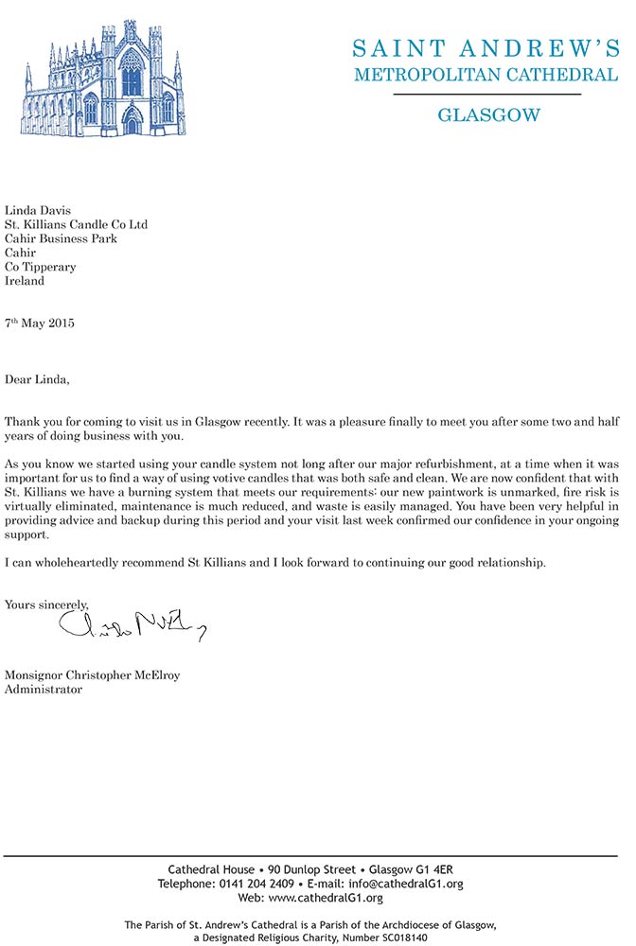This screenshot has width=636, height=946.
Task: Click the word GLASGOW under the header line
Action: pos(488,115)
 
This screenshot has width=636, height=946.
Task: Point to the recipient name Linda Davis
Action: pos(38,210)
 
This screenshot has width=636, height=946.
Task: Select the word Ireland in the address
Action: pos(25,281)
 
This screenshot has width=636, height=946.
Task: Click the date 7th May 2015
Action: pos(40,324)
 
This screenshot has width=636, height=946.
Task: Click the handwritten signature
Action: pos(132,623)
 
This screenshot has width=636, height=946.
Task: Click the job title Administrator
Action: pos(44,690)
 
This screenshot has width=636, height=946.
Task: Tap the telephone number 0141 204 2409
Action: pos(256,884)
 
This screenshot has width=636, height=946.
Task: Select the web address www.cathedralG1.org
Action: pos(324,898)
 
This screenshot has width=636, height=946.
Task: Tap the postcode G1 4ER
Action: pos(443,869)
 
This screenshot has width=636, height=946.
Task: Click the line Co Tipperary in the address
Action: pos(41,267)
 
